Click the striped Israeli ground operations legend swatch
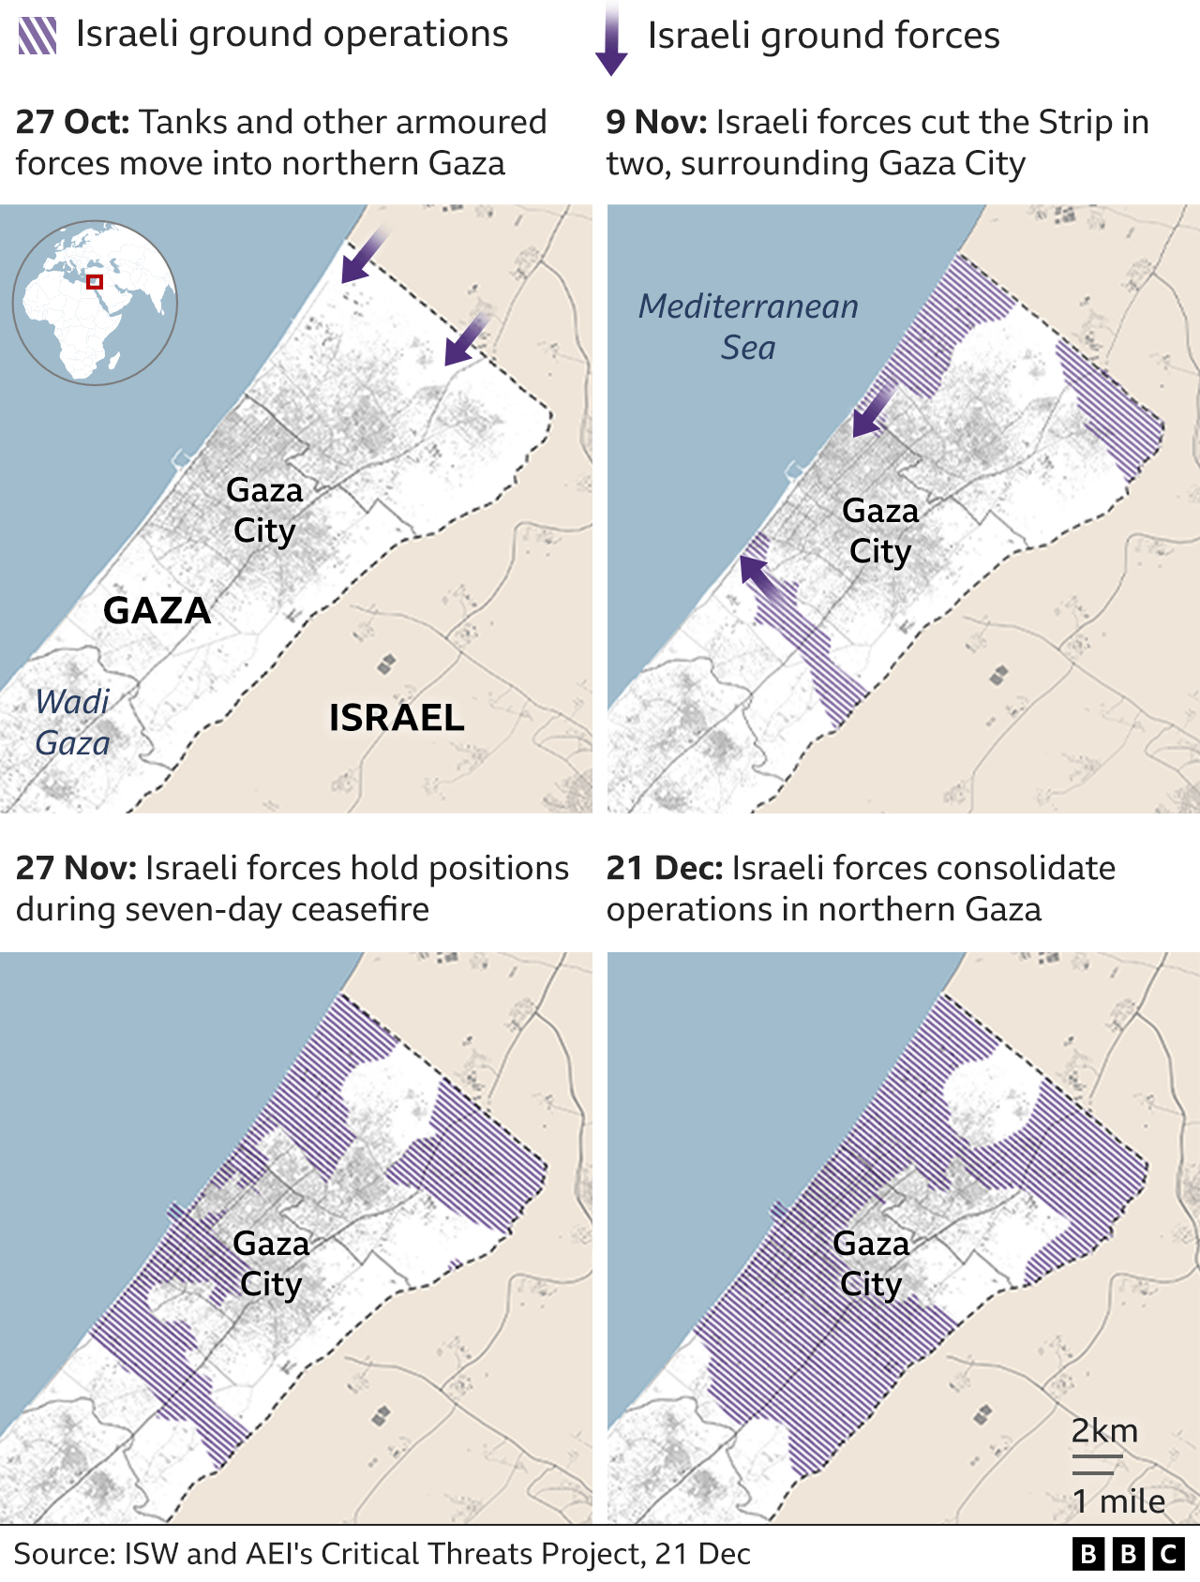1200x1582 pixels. tap(37, 36)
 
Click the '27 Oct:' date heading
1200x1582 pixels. tap(72, 123)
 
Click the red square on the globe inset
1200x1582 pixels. tap(95, 282)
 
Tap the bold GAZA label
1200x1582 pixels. tap(157, 611)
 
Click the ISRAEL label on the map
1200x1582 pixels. tap(397, 719)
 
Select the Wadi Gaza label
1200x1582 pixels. tap(72, 723)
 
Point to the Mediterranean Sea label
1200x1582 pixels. tap(748, 327)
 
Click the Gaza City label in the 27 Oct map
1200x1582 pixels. tap(264, 511)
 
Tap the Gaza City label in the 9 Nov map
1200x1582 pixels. tap(880, 531)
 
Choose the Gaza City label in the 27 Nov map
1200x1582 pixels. tap(271, 1264)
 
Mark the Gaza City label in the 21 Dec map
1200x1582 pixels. tap(871, 1264)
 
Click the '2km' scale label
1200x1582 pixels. tap(1104, 1431)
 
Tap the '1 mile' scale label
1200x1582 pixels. tap(1118, 1501)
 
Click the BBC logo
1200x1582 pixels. tap(1128, 1555)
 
